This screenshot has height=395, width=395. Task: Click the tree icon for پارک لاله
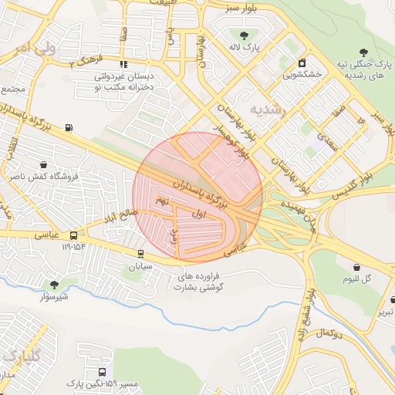[x=245, y=35]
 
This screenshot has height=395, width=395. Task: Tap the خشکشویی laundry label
[x=302, y=75]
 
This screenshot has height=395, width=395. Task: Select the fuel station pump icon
[x=70, y=127]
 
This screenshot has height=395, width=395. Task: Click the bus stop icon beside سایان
[x=140, y=253]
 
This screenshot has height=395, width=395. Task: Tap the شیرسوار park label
[x=53, y=295]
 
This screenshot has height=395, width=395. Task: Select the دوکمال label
[x=327, y=333]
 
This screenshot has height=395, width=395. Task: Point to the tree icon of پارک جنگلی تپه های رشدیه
[x=363, y=52]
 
